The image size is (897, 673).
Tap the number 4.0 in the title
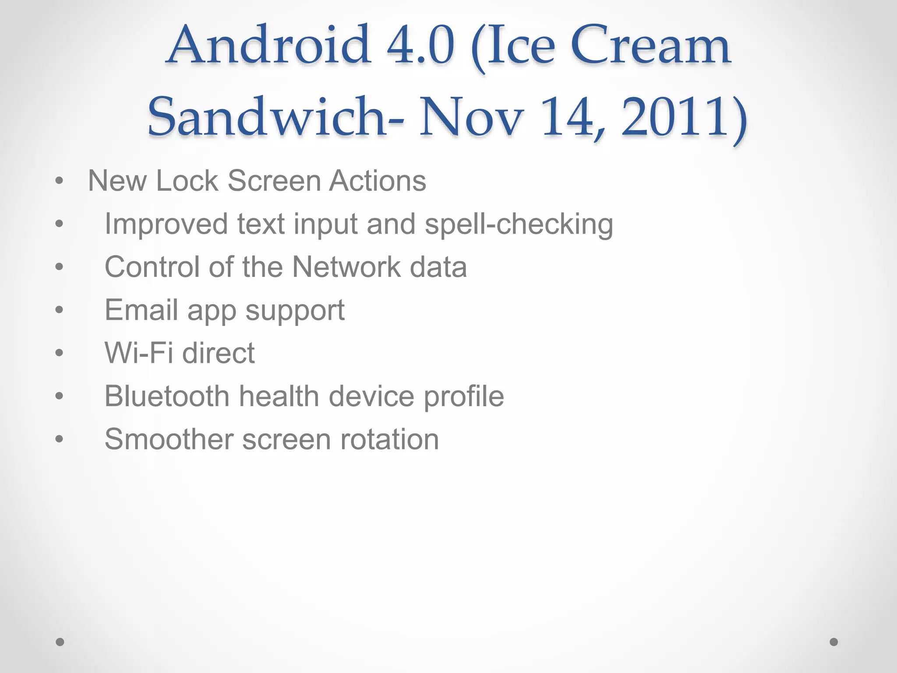(x=420, y=46)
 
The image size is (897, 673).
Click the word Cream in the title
(x=650, y=46)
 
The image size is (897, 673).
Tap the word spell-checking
(x=519, y=224)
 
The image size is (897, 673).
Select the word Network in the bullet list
(x=346, y=267)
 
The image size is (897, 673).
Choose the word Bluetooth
(x=167, y=396)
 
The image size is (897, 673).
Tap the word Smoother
(x=169, y=439)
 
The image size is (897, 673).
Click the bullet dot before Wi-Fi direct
(x=60, y=353)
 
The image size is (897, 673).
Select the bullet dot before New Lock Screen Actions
(x=60, y=181)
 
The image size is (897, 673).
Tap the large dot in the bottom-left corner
(x=60, y=642)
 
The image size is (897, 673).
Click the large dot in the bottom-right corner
(x=834, y=642)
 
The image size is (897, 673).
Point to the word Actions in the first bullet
(x=378, y=181)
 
